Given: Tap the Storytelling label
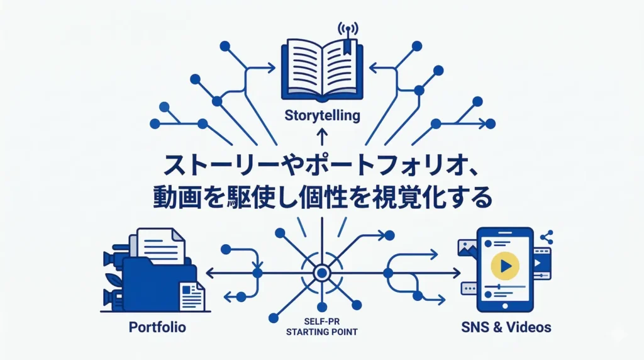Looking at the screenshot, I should [x=322, y=116].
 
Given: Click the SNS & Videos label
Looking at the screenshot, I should [x=506, y=327].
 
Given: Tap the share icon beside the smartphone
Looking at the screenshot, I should [x=546, y=237].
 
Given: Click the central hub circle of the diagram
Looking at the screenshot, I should [x=322, y=273].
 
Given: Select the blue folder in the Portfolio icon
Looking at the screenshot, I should [x=157, y=283].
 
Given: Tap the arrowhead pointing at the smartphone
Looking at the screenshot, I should [x=457, y=273].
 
